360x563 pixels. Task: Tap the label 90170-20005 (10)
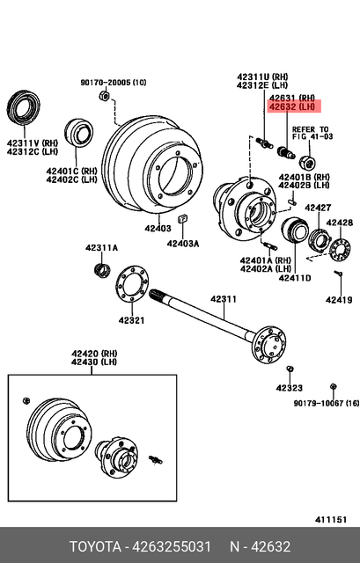tap(114, 82)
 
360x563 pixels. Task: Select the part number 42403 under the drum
tap(158, 228)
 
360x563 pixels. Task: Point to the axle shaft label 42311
tap(223, 300)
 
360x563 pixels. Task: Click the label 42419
tap(338, 300)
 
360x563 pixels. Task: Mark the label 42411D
tap(296, 278)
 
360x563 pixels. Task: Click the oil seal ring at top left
tap(23, 107)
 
